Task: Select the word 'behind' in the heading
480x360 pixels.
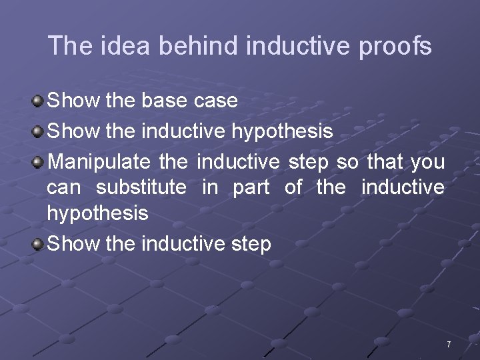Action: pyautogui.click(x=198, y=46)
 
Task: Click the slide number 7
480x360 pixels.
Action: pyautogui.click(x=449, y=345)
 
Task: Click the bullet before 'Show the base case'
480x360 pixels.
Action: pyautogui.click(x=38, y=101)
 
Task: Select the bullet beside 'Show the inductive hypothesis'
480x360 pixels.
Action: pyautogui.click(x=38, y=132)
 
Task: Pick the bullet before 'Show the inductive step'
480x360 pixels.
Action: pyautogui.click(x=38, y=245)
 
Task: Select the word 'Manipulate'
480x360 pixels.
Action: pyautogui.click(x=99, y=162)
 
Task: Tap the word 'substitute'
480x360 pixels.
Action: pyautogui.click(x=141, y=187)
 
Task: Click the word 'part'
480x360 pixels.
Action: pyautogui.click(x=251, y=188)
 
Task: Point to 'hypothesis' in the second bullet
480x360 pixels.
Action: pyautogui.click(x=282, y=132)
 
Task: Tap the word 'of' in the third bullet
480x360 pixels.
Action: pyautogui.click(x=293, y=187)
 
